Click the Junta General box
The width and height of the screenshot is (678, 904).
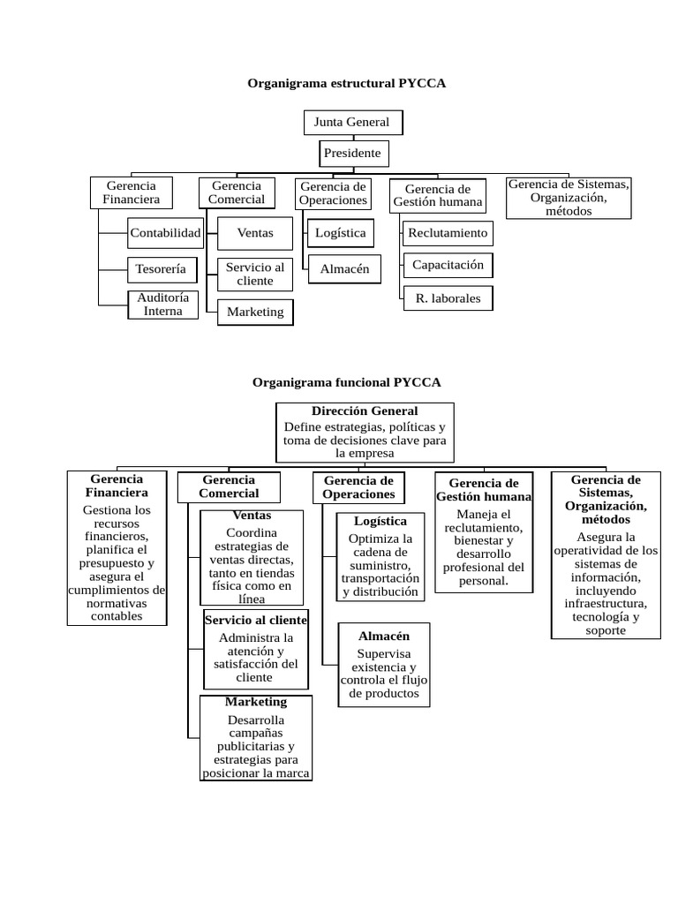point(352,122)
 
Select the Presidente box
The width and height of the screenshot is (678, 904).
point(353,154)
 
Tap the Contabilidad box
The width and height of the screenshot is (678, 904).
point(164,233)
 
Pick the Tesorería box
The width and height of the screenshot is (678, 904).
point(162,268)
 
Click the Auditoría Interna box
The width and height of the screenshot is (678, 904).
point(163,305)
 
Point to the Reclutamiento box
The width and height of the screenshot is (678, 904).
point(448,233)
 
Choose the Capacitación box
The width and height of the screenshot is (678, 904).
point(448,265)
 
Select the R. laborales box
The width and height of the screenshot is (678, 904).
point(448,298)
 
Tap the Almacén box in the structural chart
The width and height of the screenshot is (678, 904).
point(344,269)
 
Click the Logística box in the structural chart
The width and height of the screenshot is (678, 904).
point(340,233)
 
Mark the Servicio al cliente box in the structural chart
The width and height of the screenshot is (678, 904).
point(255,274)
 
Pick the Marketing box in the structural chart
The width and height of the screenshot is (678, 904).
point(255,312)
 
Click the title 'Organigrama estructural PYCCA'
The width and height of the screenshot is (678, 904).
point(347,84)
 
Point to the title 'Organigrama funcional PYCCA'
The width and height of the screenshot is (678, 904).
point(346,382)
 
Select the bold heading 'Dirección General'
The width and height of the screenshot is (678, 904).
point(365,411)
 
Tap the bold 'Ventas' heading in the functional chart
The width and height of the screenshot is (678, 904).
point(252,516)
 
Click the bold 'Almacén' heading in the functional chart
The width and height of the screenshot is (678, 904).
point(383,636)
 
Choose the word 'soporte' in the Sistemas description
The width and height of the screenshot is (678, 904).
point(605,630)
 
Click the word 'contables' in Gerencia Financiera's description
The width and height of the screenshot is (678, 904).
point(117,616)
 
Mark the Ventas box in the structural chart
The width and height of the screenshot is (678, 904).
point(255,233)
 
